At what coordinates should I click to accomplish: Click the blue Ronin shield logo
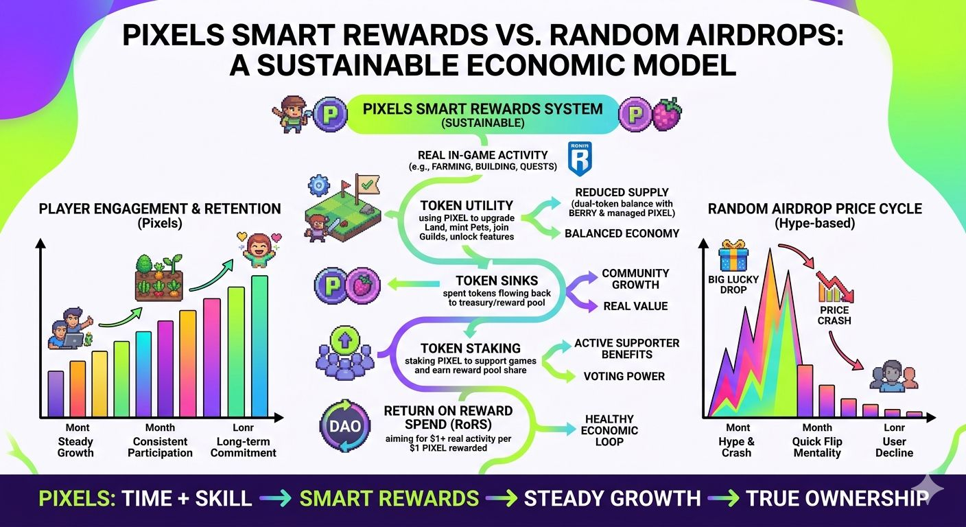click(x=580, y=159)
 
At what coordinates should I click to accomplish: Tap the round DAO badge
click(x=344, y=426)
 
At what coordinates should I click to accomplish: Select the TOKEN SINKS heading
click(x=497, y=281)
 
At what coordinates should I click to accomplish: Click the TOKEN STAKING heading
click(x=471, y=348)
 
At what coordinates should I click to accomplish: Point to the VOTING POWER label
click(x=624, y=377)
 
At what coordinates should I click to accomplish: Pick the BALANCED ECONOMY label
click(x=622, y=233)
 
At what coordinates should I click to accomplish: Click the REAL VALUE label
click(x=635, y=306)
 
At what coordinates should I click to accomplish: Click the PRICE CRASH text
click(x=834, y=315)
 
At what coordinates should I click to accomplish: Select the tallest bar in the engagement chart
click(x=259, y=346)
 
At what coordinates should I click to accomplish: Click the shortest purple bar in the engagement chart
click(x=56, y=394)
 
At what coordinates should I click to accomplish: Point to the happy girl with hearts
click(x=259, y=250)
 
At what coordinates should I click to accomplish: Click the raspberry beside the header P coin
click(x=667, y=114)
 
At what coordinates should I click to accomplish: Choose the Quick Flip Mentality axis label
click(x=817, y=447)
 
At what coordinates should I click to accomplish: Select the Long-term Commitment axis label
click(x=244, y=447)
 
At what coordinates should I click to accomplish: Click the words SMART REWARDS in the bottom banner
click(x=389, y=499)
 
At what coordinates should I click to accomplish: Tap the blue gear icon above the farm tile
click(x=319, y=185)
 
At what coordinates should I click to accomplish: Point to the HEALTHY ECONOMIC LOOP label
click(x=609, y=430)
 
